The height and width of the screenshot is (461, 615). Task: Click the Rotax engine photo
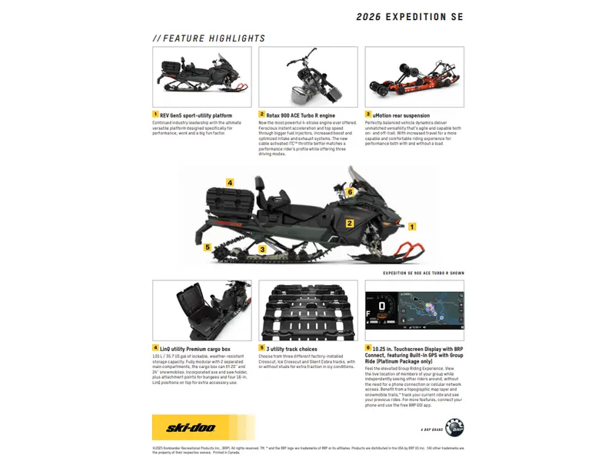coord(307,76)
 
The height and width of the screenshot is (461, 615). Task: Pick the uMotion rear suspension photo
coord(414,76)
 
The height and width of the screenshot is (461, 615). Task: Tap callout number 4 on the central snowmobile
coord(230,183)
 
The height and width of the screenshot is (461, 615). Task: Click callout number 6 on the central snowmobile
coord(350,192)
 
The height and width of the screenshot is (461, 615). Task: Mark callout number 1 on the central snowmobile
coord(412,227)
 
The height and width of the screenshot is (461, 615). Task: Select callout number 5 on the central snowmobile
coord(207,247)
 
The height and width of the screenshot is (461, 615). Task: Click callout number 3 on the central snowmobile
coord(262,249)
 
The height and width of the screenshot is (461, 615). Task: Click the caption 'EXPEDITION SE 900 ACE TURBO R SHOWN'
coord(424,272)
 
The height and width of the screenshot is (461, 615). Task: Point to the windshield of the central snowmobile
coord(360,179)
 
